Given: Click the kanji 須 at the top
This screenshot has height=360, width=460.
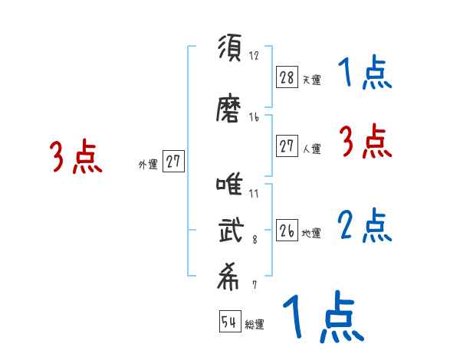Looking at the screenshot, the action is click(230, 49).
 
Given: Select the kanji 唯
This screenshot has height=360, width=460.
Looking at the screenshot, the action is click(230, 187).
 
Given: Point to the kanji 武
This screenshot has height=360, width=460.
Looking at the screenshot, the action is click(230, 231).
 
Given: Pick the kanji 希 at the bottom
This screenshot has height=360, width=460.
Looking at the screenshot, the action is click(230, 277).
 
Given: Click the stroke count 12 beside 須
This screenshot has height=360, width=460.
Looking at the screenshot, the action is click(255, 56).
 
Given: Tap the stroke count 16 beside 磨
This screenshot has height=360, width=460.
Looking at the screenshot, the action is click(255, 117).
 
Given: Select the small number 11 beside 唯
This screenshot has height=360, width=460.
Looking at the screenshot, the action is click(254, 194).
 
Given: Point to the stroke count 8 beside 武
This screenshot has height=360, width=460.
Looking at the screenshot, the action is click(254, 240).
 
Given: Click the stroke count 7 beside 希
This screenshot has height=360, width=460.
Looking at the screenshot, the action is click(254, 285).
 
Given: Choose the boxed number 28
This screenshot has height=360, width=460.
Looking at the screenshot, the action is click(287, 77).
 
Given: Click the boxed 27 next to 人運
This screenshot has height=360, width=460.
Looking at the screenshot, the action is click(287, 146).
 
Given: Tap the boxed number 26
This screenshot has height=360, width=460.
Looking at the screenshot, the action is click(287, 231).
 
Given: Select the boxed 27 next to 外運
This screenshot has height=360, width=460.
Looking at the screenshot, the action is click(173, 162).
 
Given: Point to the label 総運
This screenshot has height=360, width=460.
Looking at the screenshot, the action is click(255, 325).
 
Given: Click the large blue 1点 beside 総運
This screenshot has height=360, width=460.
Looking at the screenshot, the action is click(322, 318).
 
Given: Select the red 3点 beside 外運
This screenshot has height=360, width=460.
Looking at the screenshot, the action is click(77, 157).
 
